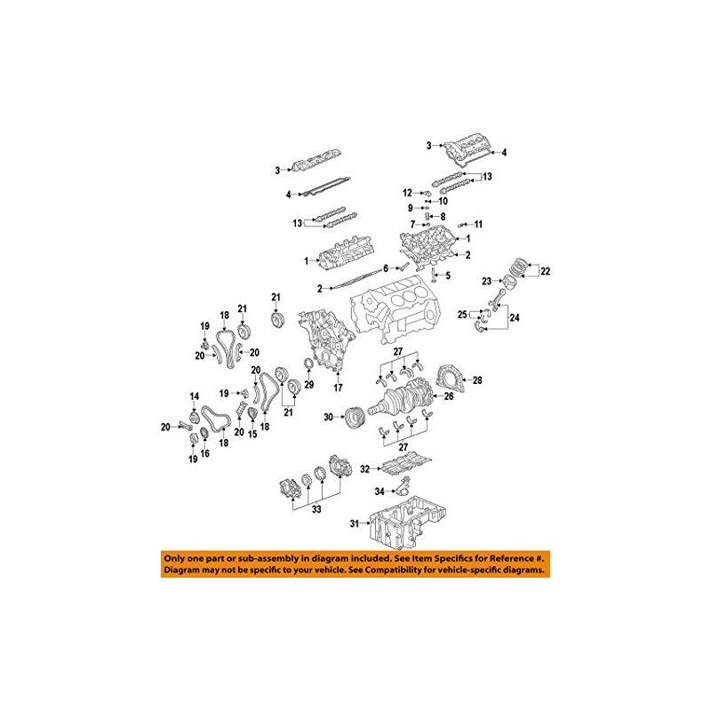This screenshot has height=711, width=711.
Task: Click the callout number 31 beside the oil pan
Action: pyautogui.click(x=355, y=523)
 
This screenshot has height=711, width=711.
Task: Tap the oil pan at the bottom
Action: pyautogui.click(x=411, y=526)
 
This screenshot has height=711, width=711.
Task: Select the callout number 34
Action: pyautogui.click(x=379, y=491)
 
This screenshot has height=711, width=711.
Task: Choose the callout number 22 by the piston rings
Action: pyautogui.click(x=546, y=271)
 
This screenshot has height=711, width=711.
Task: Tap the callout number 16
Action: pyautogui.click(x=204, y=453)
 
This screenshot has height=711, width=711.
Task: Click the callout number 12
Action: pyautogui.click(x=407, y=193)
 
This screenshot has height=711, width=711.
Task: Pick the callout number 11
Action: pyautogui.click(x=477, y=223)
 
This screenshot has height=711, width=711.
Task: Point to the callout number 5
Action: pyautogui.click(x=449, y=276)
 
